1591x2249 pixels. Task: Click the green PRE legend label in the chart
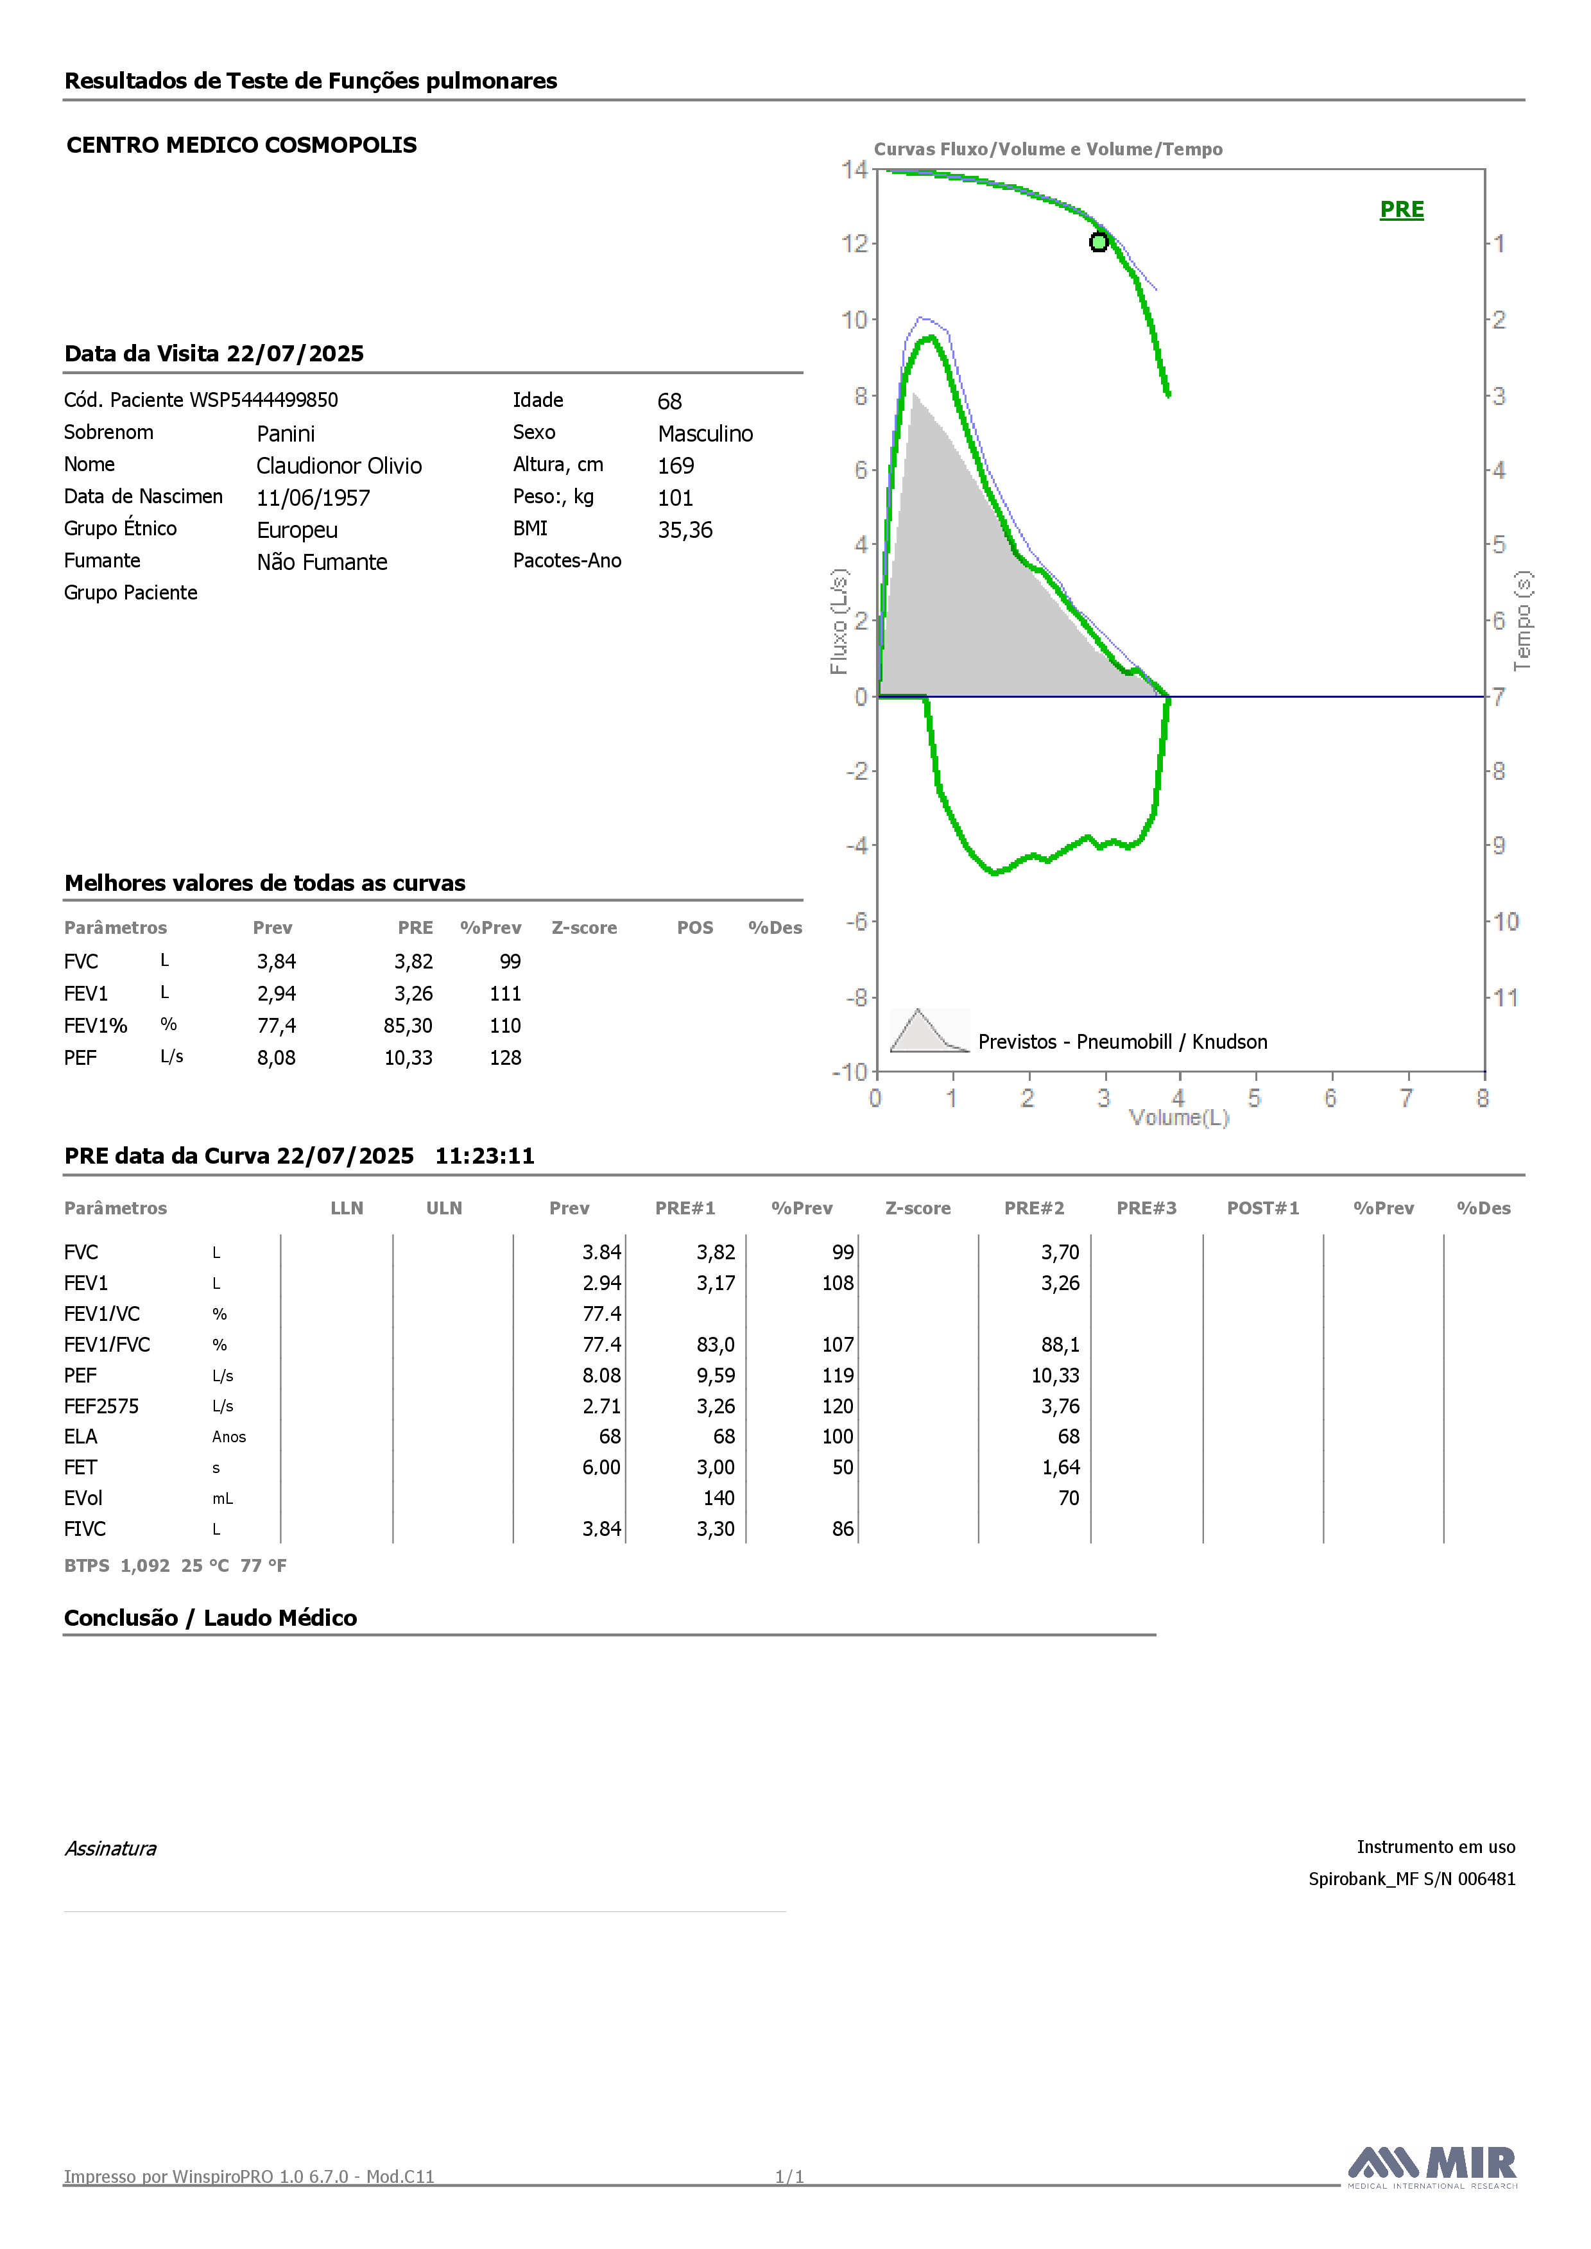1401,210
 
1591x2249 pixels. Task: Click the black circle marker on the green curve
1099,242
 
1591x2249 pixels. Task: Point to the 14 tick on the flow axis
854,169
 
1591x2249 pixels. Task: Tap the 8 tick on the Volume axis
1483,1098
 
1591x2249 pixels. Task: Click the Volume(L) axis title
1178,1117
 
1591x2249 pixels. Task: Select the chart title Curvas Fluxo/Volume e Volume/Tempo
1048,149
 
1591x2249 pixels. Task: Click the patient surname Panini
286,434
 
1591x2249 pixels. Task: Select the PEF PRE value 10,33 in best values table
409,1058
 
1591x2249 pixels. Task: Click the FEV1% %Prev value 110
506,1026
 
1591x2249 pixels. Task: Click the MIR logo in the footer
1432,2167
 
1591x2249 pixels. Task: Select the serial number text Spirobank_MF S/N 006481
1412,1879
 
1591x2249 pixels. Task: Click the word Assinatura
110,1848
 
